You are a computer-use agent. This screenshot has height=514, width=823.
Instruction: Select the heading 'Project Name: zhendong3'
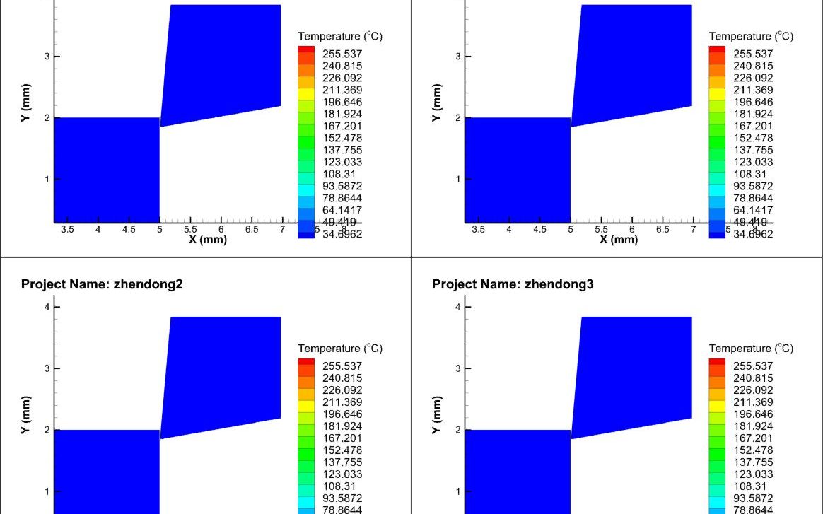pos(513,284)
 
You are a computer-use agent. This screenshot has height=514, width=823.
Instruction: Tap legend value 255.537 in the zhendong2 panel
pos(342,366)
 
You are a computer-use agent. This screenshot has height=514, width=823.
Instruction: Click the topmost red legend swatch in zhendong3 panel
pos(717,362)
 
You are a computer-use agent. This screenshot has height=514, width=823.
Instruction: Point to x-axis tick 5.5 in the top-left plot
pos(190,230)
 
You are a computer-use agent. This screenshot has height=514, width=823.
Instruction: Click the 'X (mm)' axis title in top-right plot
pos(618,240)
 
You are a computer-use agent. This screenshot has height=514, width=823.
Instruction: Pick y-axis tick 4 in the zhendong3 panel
pos(457,307)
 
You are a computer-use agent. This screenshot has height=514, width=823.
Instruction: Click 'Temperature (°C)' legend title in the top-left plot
pos(340,36)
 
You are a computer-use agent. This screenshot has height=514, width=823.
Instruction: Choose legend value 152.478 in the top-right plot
pos(753,138)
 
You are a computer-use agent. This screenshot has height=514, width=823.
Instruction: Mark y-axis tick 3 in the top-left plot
pos(47,57)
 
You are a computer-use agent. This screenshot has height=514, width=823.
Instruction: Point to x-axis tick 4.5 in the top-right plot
pos(539,230)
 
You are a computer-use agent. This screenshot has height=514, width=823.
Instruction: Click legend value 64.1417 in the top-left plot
pos(342,210)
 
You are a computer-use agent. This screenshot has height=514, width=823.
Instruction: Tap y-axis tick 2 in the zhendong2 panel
pos(47,430)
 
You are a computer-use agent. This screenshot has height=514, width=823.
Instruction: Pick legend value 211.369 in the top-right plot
pos(753,90)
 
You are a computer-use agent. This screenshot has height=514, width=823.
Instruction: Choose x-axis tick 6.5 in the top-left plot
pos(252,230)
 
